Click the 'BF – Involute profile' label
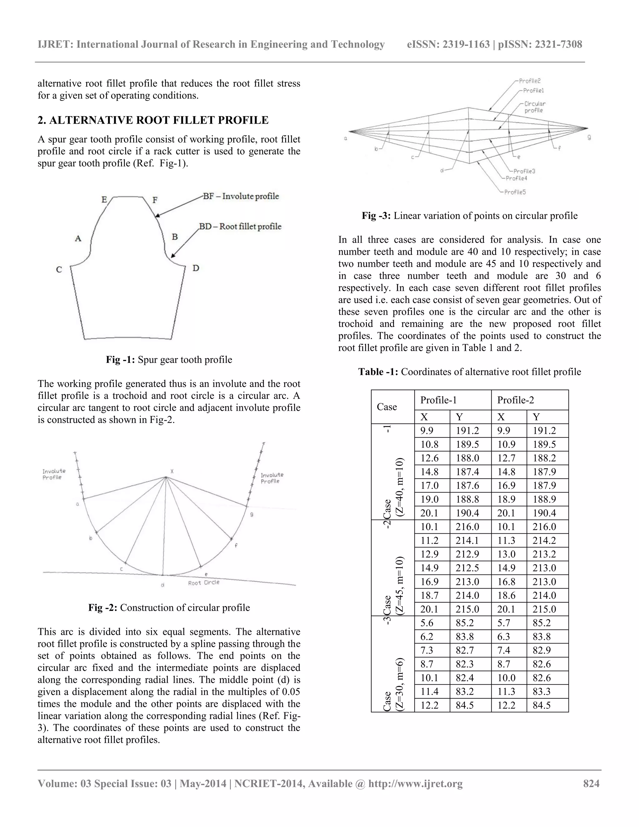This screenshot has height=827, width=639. (241, 196)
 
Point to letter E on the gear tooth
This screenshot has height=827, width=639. (104, 199)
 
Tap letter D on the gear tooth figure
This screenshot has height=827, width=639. (196, 268)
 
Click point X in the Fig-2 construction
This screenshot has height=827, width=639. (172, 472)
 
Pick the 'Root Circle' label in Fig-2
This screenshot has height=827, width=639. (204, 582)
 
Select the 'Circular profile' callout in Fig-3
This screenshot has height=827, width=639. (534, 107)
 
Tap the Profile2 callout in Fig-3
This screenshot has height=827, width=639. (529, 81)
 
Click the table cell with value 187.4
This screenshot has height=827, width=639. (467, 472)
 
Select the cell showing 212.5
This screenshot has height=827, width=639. (467, 568)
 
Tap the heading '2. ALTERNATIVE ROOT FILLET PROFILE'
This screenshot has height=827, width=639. (153, 120)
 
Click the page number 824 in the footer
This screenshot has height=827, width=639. (591, 783)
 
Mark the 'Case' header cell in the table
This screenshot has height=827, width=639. (387, 407)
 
